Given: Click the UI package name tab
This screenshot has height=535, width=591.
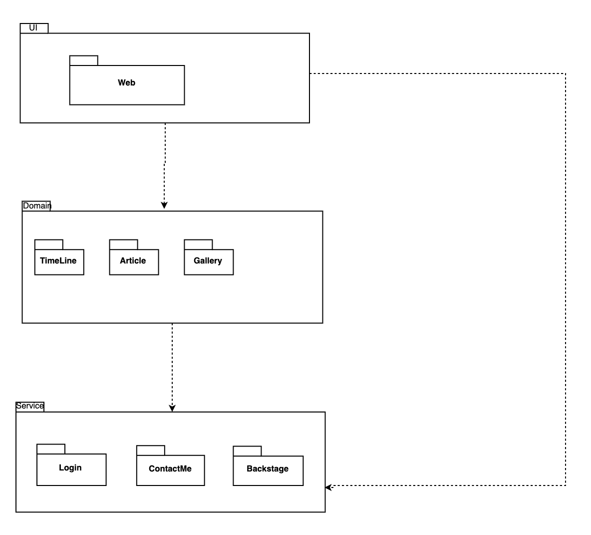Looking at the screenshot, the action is pos(34,28).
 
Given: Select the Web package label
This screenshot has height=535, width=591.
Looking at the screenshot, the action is pos(127,82).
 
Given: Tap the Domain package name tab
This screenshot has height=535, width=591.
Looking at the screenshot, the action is pos(36,206).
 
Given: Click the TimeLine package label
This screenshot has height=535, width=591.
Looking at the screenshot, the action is pos(58,260).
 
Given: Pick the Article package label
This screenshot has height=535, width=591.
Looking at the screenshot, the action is pos(133,260).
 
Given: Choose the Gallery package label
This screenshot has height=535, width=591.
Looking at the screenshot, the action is pos(208,261).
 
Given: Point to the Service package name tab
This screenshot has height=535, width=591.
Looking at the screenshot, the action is pos(30,406).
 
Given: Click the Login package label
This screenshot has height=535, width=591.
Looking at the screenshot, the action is pos(70,468).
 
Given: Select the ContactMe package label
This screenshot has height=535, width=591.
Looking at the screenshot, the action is pos(170,468).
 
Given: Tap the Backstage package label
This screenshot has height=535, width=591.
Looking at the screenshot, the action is pos(268,468).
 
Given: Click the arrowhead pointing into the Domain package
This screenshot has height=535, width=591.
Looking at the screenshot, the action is pos(164,205).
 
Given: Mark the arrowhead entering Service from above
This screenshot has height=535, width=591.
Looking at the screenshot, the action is pos(172,408).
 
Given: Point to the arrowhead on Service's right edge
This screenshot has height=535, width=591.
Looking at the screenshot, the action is pos(328,487).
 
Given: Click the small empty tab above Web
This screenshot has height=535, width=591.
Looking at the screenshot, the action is pos(84,60).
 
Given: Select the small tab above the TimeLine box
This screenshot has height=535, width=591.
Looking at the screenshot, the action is pos(48,244).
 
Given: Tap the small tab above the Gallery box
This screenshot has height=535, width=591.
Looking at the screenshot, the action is pos(198,244).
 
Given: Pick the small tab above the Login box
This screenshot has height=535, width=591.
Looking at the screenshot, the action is pos(51,449).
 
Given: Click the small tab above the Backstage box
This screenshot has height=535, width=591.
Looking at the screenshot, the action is pos(247,451).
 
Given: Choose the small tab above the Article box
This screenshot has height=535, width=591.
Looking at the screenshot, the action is pos(124,244).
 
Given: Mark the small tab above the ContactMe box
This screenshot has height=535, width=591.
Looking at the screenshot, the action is pos(151,450).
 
